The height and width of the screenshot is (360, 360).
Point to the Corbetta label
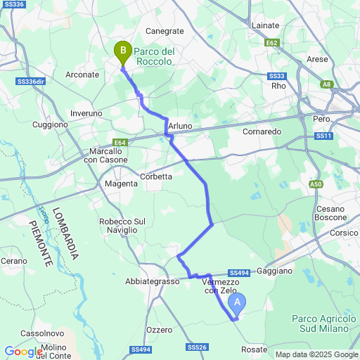tap(156, 176)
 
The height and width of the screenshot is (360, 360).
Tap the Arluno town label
tap(180, 126)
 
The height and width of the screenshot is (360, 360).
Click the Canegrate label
tap(164, 31)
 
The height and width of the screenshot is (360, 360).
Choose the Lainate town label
tap(266, 25)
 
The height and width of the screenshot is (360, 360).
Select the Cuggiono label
tap(51, 124)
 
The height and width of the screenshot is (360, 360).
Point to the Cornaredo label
tap(262, 131)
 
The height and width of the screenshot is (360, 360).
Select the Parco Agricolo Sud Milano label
tap(321, 323)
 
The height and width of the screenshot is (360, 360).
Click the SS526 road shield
tap(198, 347)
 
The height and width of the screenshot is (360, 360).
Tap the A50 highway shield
tap(316, 184)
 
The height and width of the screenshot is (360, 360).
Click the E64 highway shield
tap(120, 143)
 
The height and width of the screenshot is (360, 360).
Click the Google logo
tap(22, 351)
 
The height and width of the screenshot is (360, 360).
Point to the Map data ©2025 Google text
tap(316, 354)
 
